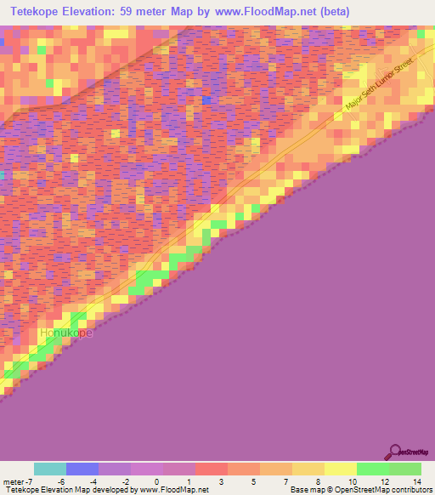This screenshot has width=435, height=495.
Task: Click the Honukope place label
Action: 65,333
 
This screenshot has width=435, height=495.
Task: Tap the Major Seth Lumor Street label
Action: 383,88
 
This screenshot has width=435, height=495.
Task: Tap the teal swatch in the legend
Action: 50,469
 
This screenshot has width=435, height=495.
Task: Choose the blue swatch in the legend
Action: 82,469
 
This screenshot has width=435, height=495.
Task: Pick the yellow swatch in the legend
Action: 340,469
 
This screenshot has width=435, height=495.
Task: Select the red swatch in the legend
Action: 212,469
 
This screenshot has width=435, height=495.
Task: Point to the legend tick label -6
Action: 60,481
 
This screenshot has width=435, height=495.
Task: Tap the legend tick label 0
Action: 156,481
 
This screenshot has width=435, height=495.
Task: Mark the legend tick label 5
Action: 253,481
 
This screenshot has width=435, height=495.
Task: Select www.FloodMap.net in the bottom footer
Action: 169,490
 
